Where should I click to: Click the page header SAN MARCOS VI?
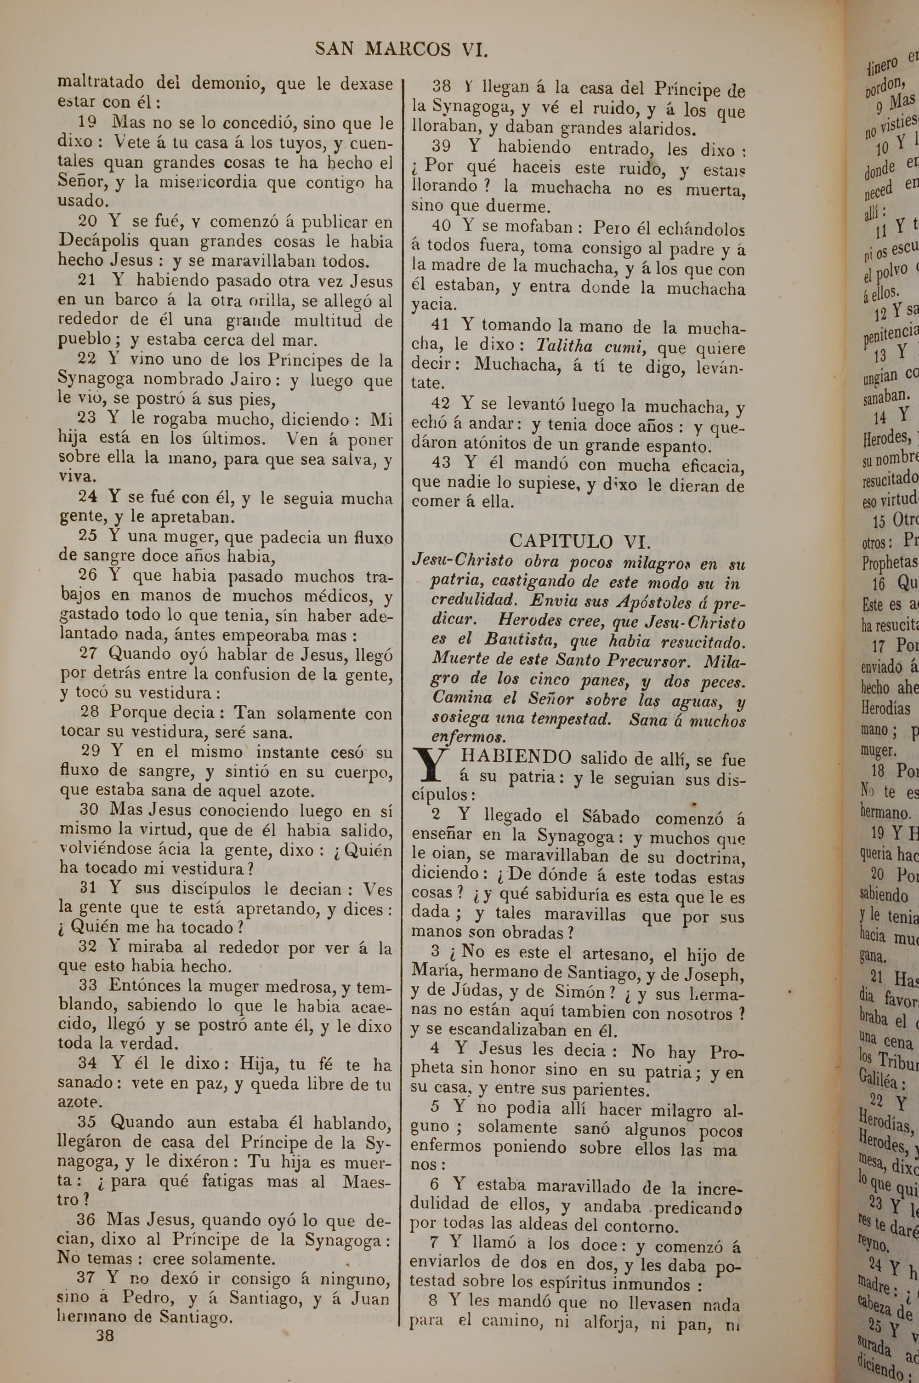click(x=402, y=49)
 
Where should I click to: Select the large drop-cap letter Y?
click(x=430, y=764)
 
